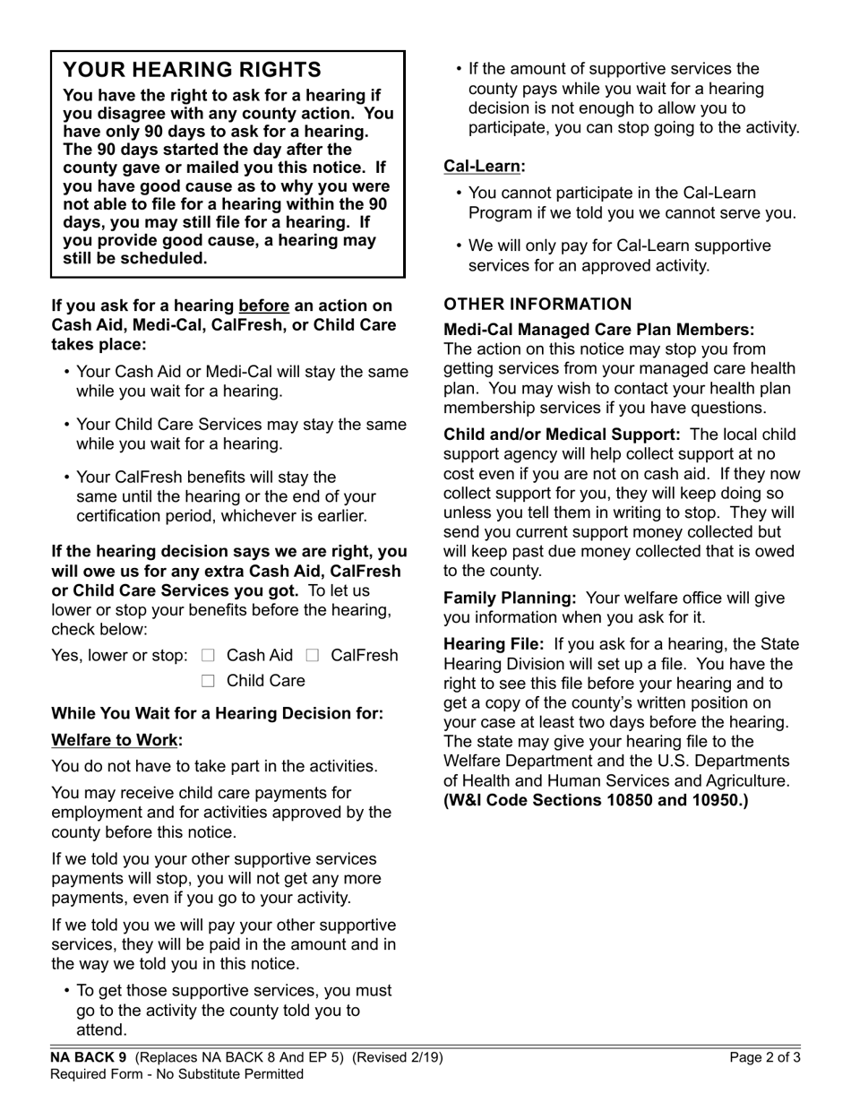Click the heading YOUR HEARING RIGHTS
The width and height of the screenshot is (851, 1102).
coord(192,70)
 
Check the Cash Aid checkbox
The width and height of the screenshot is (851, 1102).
coord(209,656)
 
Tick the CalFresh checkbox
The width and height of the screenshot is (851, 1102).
coord(313,656)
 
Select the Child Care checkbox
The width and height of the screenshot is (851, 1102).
coord(209,681)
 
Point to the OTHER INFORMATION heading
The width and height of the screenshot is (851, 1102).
coord(537,304)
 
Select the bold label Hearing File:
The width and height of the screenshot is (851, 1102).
coord(494,644)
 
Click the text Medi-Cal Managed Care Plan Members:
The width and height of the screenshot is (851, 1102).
coord(599,330)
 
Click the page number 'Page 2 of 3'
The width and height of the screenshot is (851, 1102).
coord(765,1057)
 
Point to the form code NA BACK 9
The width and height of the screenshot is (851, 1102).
coord(89,1057)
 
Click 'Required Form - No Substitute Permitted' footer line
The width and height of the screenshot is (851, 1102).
coord(176,1073)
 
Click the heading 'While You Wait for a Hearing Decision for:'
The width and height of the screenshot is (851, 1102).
coord(217,713)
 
